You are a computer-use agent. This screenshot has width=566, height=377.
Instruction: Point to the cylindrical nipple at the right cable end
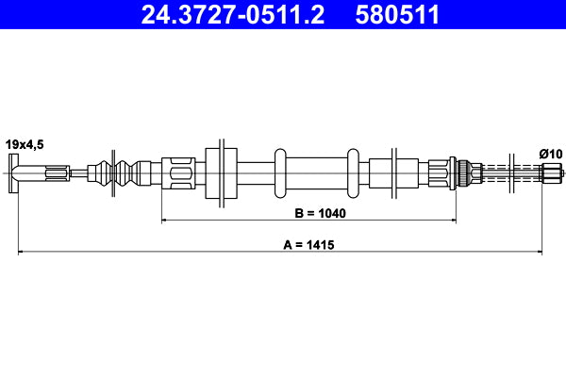[550, 172]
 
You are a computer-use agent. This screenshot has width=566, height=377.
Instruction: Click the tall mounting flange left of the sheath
[218, 172]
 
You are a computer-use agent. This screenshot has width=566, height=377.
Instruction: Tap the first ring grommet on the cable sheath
[280, 172]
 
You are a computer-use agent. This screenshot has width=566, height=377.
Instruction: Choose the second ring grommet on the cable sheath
[353, 172]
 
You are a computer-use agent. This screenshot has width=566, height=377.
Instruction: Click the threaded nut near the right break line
[463, 172]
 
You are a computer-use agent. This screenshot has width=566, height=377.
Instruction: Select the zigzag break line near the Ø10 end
[511, 172]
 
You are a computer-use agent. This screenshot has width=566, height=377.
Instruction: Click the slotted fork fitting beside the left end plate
[53, 172]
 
